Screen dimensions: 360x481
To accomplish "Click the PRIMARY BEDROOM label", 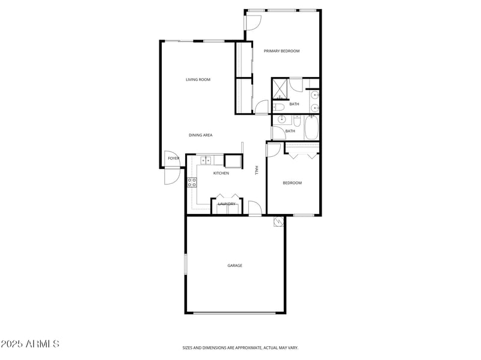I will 281,51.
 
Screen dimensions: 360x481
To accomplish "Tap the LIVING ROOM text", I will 198,79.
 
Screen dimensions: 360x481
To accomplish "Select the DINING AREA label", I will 200,135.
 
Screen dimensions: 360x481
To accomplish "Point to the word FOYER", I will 173,158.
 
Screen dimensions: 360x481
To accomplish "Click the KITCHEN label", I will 221,173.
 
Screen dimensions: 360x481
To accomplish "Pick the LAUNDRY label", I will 226,204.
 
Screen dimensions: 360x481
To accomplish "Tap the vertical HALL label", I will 257,170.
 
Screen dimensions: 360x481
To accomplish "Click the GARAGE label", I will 234,265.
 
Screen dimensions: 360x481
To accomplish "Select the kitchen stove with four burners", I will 192,182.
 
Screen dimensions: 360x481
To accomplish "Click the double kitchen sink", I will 206,160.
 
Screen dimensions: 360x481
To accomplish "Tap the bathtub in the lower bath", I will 311,127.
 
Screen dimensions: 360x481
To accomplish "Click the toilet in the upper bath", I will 278,107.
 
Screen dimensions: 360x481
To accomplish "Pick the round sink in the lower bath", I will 281,120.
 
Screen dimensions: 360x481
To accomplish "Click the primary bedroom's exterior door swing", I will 253,22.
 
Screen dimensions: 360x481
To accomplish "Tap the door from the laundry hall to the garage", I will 255,209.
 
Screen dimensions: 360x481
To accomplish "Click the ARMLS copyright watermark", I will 30,344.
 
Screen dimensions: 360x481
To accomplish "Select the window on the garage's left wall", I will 186,265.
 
